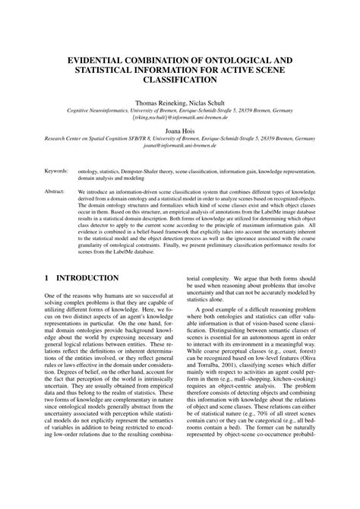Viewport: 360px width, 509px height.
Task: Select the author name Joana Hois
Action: click(180, 131)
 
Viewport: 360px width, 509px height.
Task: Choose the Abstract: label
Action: click(55, 193)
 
